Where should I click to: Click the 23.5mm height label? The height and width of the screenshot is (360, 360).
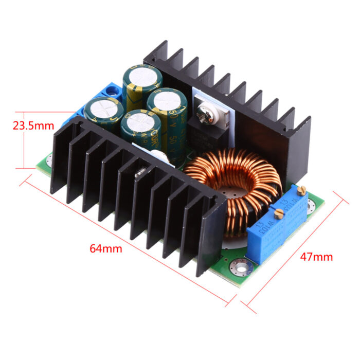click(32, 124)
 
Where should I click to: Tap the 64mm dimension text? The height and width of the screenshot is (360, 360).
click(106, 248)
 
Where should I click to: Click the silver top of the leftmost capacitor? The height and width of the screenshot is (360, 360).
click(104, 109)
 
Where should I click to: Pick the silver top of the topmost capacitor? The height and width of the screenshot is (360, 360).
click(142, 77)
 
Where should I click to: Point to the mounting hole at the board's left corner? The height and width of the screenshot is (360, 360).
click(45, 162)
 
